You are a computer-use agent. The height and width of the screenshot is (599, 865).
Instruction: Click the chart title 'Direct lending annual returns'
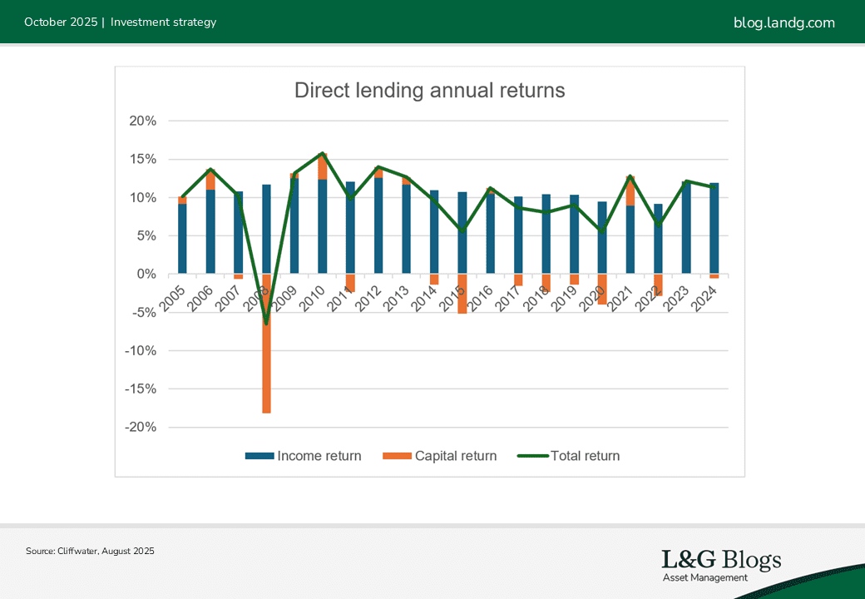pyautogui.click(x=429, y=91)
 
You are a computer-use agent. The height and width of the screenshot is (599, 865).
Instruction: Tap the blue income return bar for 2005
pyautogui.click(x=182, y=239)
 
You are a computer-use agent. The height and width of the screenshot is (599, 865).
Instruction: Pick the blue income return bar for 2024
pyautogui.click(x=714, y=228)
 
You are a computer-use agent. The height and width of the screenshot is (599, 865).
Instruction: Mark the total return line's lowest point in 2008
pyautogui.click(x=266, y=323)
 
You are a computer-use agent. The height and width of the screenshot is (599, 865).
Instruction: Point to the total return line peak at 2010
pyautogui.click(x=322, y=154)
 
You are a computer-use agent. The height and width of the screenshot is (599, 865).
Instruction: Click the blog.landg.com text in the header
pyautogui.click(x=783, y=22)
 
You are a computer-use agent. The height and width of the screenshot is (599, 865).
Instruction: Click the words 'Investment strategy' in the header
pyautogui.click(x=163, y=22)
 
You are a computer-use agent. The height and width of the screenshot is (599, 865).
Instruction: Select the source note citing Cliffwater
pyautogui.click(x=90, y=551)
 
